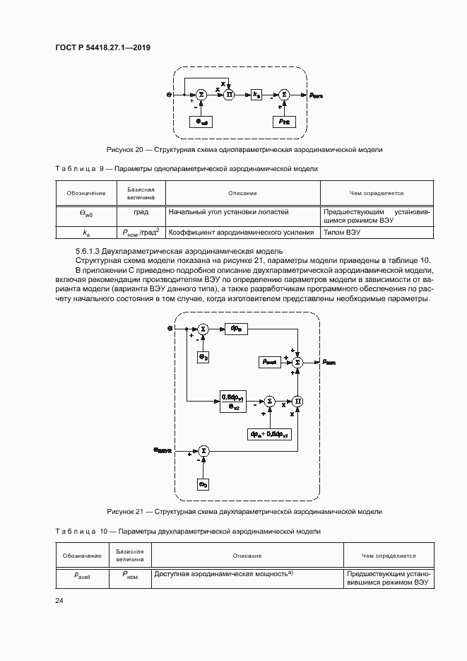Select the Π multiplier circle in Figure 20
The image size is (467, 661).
228,93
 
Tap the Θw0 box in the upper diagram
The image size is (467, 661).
202,121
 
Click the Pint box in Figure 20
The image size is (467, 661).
284,121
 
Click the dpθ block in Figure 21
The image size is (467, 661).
236,328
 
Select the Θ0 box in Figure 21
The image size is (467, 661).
202,357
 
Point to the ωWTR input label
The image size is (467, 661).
163,450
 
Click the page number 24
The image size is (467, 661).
59,601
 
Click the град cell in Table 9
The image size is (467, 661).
141,211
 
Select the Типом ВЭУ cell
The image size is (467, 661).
342,231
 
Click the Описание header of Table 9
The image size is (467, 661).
242,193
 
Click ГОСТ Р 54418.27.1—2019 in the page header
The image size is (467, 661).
103,47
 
